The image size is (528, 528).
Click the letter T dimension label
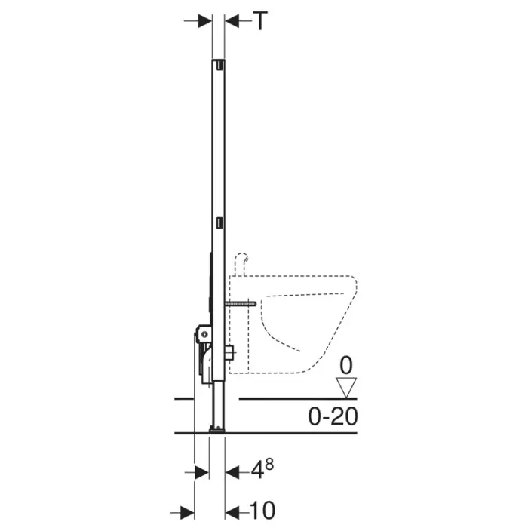[x=259, y=21]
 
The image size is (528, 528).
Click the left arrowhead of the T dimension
[x=204, y=21]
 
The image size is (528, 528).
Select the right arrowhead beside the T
[x=232, y=21]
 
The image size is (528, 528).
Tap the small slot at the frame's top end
[x=219, y=66]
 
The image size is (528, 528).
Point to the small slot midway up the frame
[x=219, y=223]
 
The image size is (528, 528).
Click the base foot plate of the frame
[x=217, y=430]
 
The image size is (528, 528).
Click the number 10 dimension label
[x=260, y=509]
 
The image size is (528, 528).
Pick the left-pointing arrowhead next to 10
[x=232, y=509]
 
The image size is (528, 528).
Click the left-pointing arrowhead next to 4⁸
[x=232, y=473]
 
